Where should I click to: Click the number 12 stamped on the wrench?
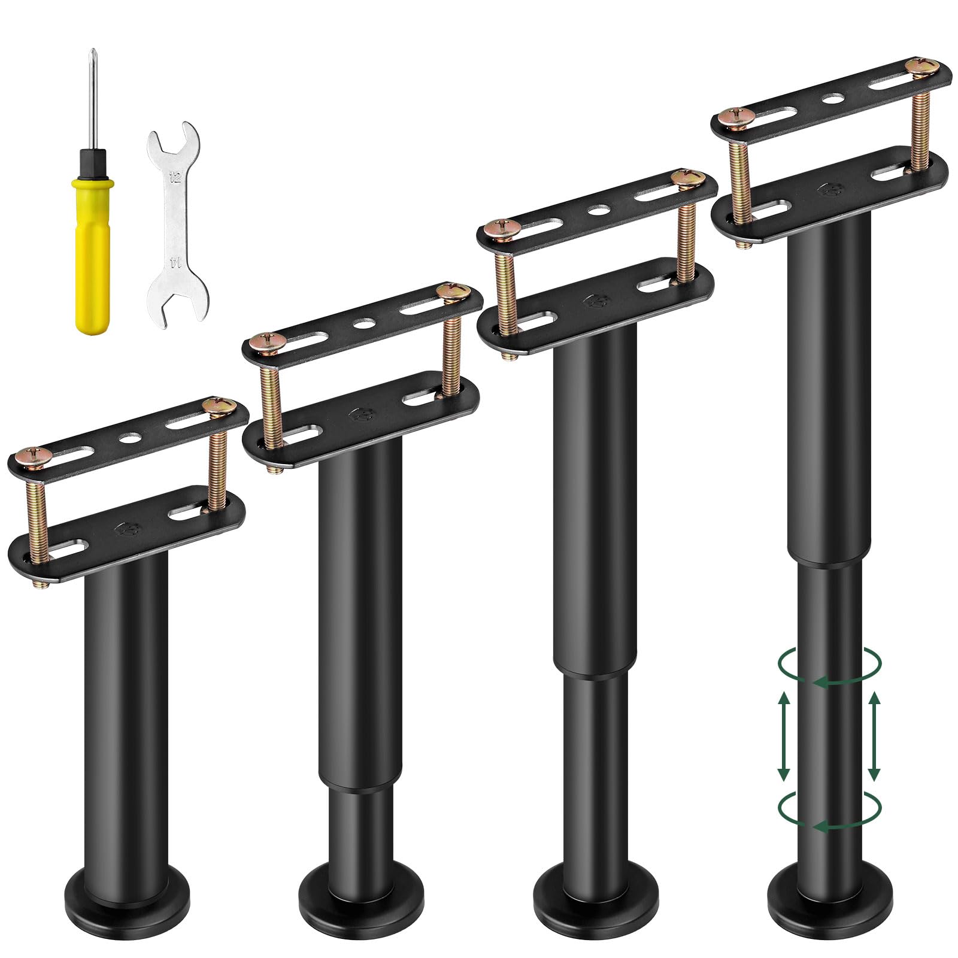click(175, 177)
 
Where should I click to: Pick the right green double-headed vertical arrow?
click(874, 736)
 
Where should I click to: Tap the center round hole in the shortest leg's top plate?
click(128, 438)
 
